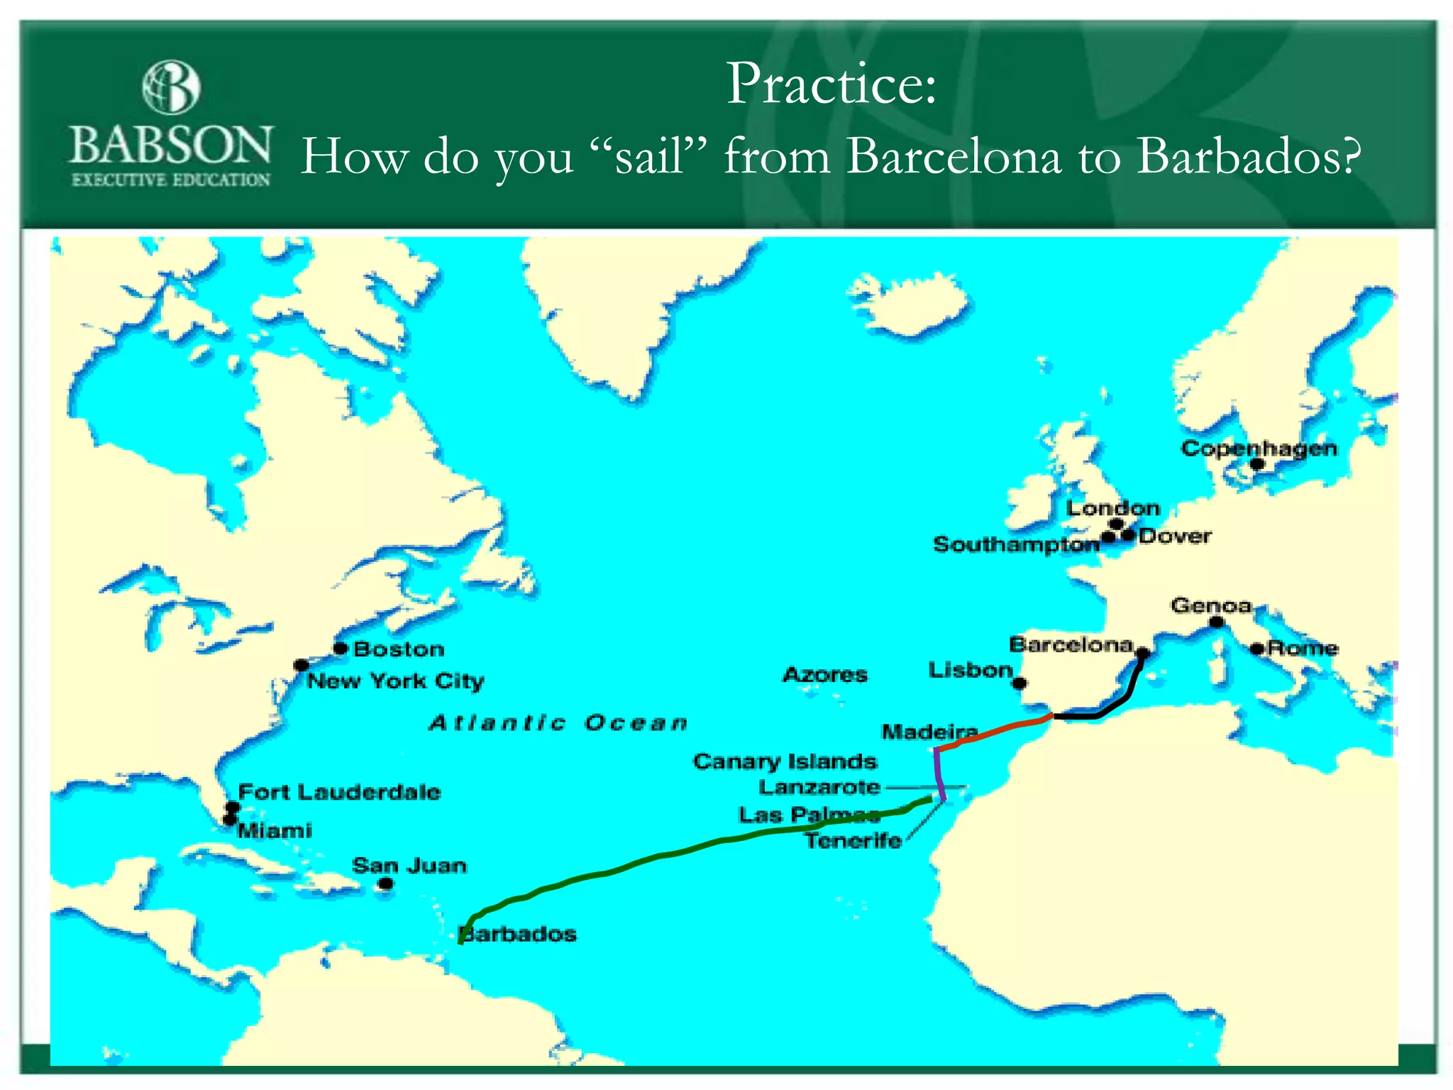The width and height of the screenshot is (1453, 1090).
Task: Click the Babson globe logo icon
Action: (x=171, y=87)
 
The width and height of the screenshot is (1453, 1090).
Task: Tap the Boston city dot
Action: (x=341, y=648)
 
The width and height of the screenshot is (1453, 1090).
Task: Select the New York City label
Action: (x=395, y=681)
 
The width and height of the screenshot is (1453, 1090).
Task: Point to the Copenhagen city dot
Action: (x=1256, y=464)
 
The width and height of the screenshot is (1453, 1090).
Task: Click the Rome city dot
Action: (x=1256, y=648)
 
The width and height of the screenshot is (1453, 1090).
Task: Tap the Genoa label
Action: (x=1211, y=605)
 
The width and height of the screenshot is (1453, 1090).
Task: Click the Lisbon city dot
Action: (x=1019, y=683)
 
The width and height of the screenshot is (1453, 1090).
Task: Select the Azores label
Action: (x=824, y=674)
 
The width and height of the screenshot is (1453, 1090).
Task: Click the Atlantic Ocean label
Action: (x=558, y=723)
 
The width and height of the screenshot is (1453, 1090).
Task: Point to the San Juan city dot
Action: (x=386, y=883)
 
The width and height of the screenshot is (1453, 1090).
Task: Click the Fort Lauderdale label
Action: (x=339, y=792)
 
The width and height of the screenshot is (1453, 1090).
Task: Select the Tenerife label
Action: (x=853, y=841)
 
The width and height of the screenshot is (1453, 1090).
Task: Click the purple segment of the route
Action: (x=939, y=774)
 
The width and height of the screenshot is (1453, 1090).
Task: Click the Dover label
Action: (x=1175, y=536)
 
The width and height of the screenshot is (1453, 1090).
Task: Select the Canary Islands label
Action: (x=785, y=761)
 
